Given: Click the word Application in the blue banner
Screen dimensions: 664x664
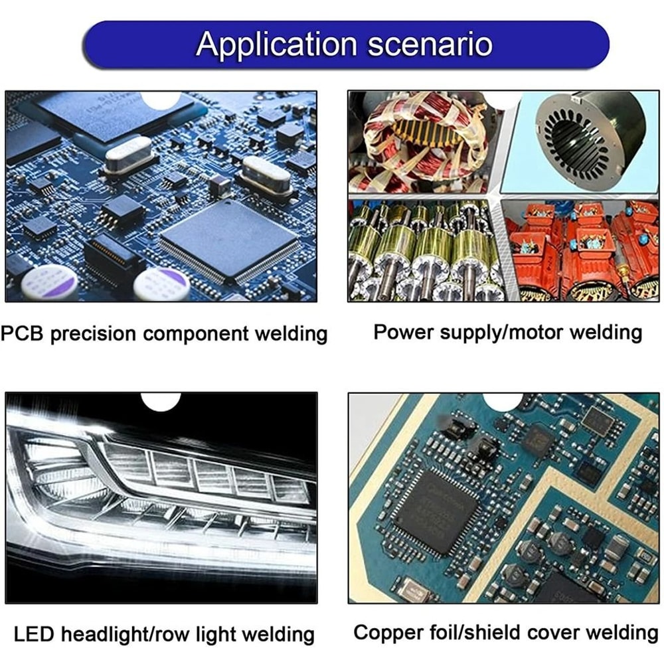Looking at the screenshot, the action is pos(277,44).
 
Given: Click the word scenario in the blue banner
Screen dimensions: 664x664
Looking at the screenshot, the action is pos(430,44).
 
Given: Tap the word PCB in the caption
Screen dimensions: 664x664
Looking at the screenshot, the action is pos(22,333).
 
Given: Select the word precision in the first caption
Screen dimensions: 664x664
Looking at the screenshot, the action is pos(94,335).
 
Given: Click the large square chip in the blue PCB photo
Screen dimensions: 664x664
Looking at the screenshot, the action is pos(228,241).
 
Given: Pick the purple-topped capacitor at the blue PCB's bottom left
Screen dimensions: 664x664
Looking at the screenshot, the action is pos(50,281).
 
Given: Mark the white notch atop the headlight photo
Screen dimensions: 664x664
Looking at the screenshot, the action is pos(161,401).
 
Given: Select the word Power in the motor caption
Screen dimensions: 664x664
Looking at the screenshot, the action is pos(404,333).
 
